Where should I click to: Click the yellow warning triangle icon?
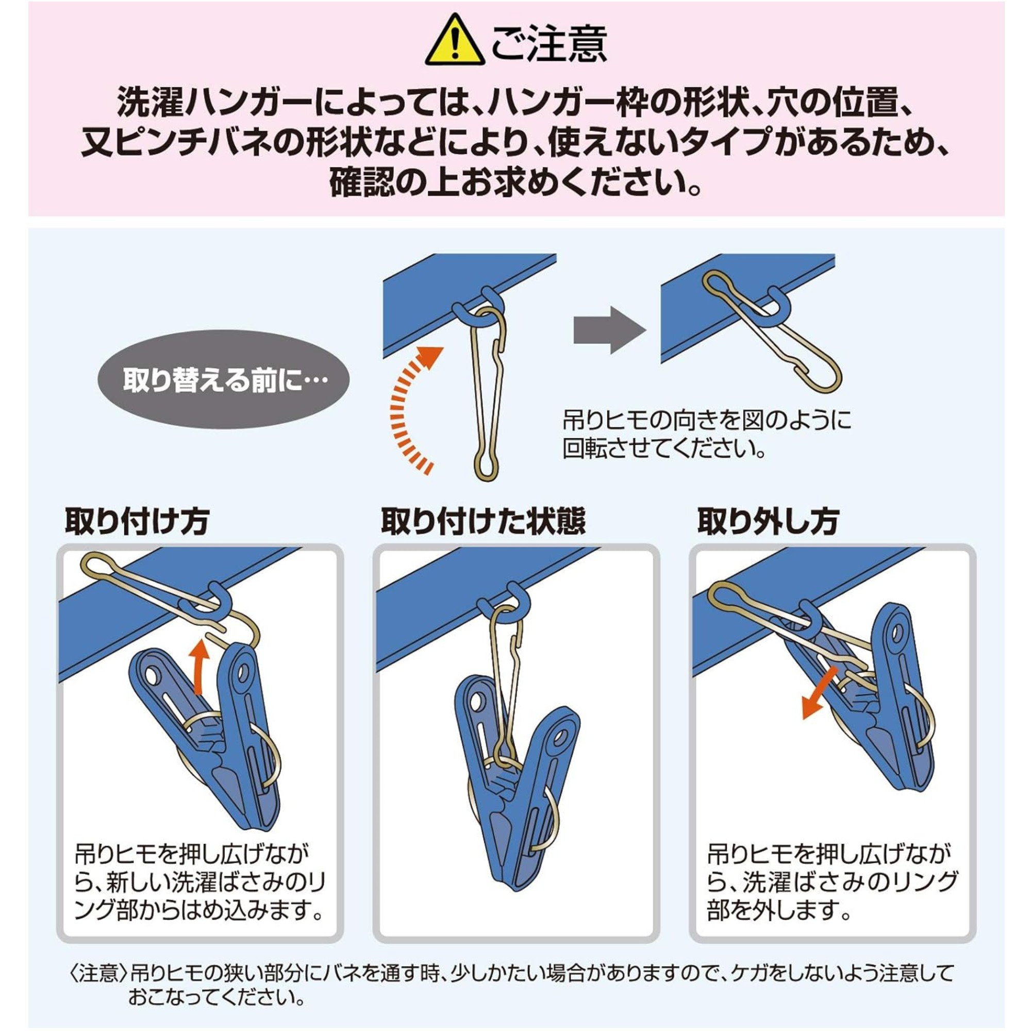coord(454,42)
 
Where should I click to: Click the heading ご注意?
coord(549,42)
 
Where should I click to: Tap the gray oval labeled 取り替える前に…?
coord(223,380)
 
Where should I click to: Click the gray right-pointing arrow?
coord(609,330)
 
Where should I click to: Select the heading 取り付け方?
coord(137,521)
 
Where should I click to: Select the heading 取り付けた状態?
coord(483,521)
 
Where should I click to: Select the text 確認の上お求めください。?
coord(515,182)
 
